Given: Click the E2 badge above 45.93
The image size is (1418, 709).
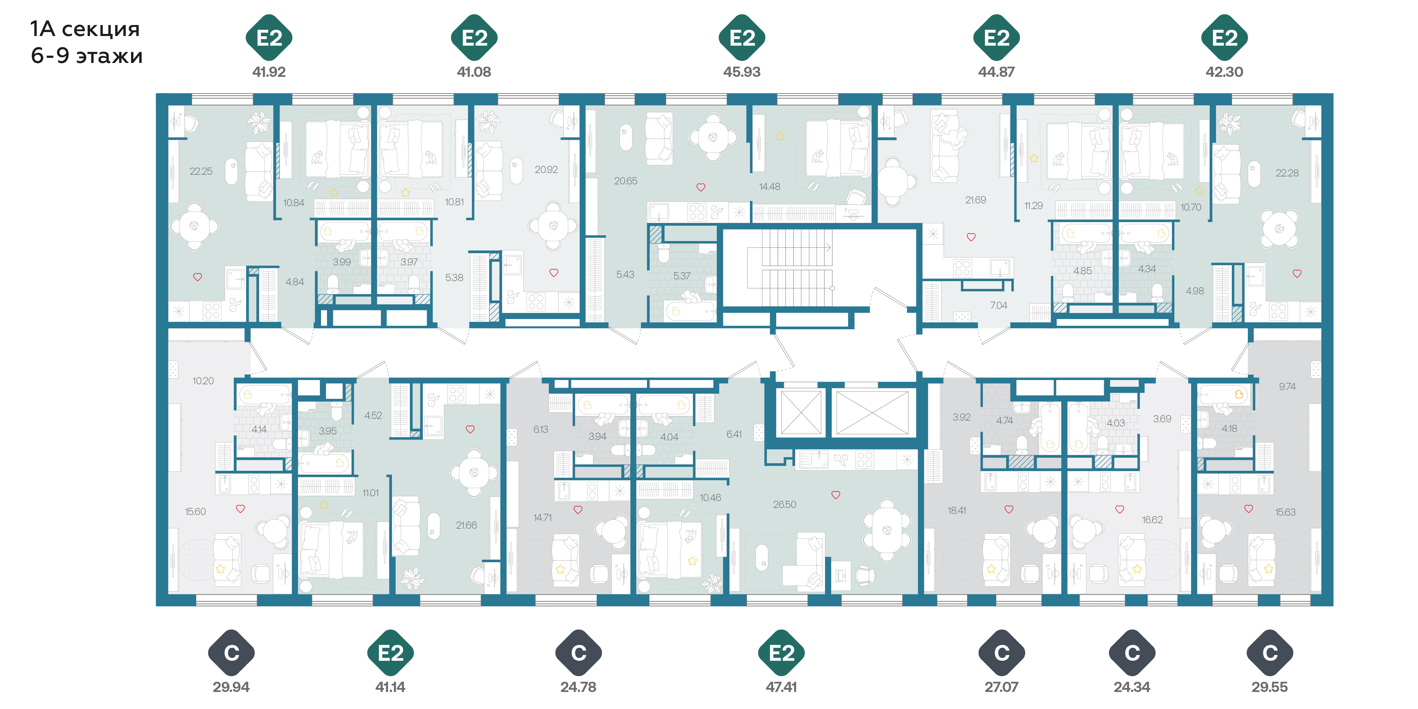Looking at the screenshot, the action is coord(742,37).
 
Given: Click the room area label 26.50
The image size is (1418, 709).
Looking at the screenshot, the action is coord(784,504).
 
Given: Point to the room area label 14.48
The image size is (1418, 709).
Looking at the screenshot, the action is coord(770,187).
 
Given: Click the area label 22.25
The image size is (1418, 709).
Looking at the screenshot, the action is coord(201,171).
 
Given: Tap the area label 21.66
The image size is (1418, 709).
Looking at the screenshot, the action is coord(466,525).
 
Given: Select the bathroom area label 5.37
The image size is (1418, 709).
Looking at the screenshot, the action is coord(681,276).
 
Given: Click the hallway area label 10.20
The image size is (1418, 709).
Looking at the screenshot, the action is coord(203,381).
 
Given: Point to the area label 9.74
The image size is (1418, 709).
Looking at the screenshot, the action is coord(1287,387).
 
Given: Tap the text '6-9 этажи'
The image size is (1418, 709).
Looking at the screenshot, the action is coord(86,56).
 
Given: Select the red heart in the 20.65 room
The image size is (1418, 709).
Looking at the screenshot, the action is coord(701,187).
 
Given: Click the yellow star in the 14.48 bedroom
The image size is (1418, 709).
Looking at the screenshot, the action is coord(780,136).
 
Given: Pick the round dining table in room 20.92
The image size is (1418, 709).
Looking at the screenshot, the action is coord(554,225).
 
